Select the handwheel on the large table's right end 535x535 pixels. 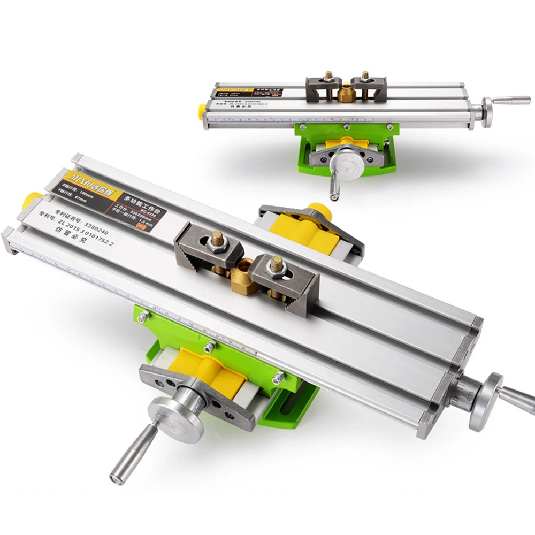(485, 401)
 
